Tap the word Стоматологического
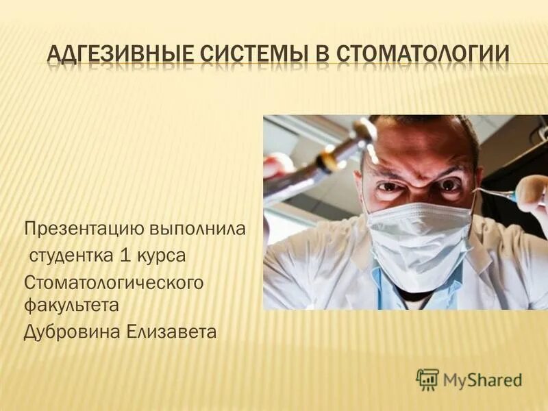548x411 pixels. point(114,282)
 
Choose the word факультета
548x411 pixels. point(71,306)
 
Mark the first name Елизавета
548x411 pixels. point(171,332)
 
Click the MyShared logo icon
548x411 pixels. point(427,379)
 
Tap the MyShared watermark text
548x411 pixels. point(482,379)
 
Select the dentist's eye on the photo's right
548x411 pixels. point(449,185)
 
